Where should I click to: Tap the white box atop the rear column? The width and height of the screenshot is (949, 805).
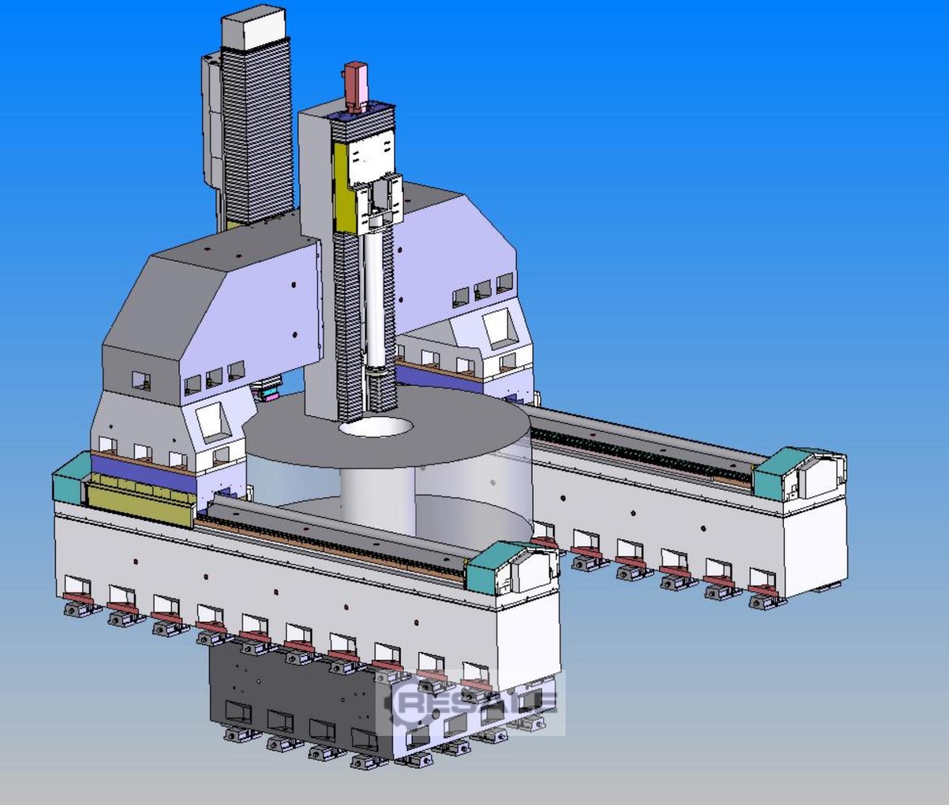click(x=254, y=31)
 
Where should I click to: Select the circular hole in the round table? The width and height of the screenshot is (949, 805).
click(x=377, y=428)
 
